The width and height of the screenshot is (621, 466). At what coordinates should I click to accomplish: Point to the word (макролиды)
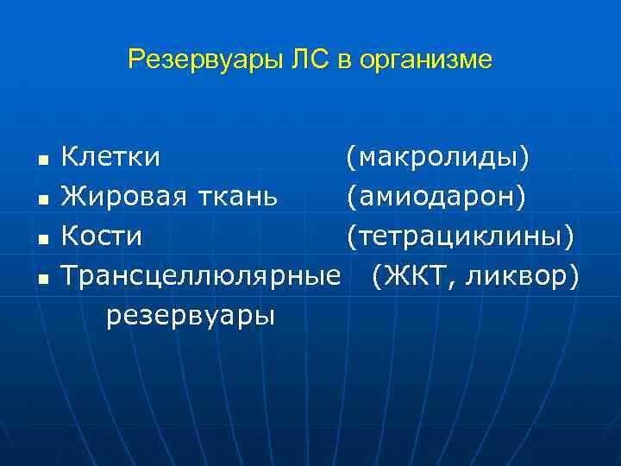(x=438, y=157)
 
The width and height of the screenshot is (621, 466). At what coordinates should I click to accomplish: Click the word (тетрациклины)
(x=459, y=236)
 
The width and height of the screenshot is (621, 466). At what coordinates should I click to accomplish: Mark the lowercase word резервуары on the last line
(x=191, y=316)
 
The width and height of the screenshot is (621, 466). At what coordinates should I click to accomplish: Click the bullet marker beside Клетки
(x=42, y=160)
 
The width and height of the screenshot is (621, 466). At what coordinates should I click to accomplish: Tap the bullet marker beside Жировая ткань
(x=42, y=198)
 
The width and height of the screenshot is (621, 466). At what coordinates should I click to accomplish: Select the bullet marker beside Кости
(x=42, y=238)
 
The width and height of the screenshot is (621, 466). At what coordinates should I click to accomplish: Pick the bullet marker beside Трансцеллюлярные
(x=42, y=277)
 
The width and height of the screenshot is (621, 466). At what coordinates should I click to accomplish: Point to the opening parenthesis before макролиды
(x=350, y=158)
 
